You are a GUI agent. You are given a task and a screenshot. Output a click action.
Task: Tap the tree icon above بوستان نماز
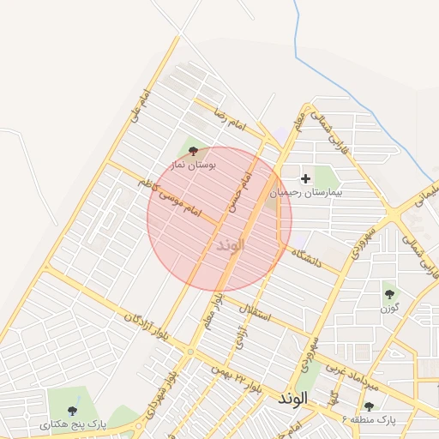click(x=191, y=150)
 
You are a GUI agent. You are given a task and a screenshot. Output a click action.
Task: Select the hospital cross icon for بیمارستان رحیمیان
click(x=305, y=178)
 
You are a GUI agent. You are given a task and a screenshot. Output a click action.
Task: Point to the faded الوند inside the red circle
click(x=226, y=245)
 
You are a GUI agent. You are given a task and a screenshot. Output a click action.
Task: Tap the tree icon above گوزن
click(x=390, y=292)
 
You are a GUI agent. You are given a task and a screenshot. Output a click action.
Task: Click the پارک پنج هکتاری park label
click(x=72, y=424)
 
